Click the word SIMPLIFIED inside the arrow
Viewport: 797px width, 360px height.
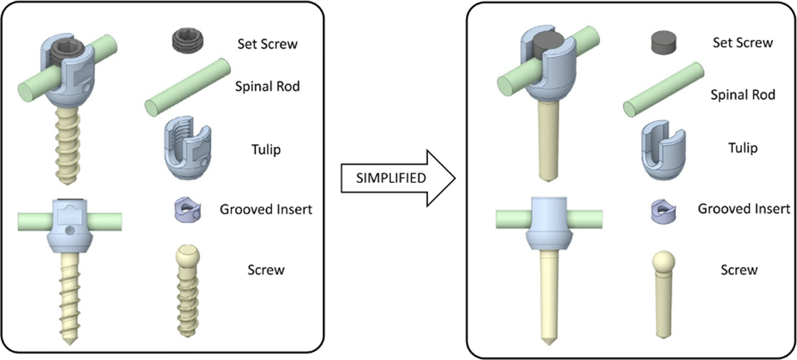391,178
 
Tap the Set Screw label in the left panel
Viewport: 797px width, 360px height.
267,44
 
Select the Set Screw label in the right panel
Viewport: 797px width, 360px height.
743,43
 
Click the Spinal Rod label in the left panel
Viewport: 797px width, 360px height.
267,86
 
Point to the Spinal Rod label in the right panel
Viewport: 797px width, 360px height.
743,95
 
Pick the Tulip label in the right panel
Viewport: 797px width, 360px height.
743,148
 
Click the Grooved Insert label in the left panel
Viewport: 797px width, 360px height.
266,209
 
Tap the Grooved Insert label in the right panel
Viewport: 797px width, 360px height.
744,209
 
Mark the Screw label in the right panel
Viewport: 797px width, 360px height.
739,270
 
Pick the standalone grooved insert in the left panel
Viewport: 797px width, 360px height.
188,209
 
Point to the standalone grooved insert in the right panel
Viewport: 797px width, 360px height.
663,211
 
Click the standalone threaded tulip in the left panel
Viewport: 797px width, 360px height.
188,148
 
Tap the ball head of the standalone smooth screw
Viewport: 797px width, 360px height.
663,262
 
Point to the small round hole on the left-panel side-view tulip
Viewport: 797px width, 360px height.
70,230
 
